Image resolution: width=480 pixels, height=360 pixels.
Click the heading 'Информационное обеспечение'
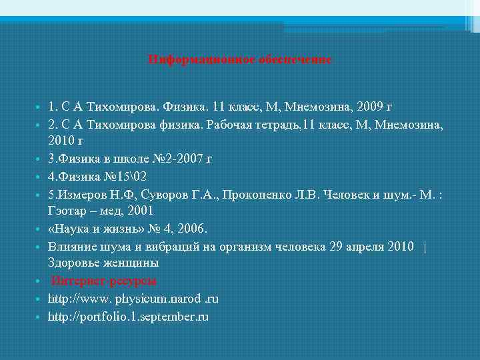coord(239,59)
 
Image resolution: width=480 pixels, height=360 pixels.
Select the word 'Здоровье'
coord(73,263)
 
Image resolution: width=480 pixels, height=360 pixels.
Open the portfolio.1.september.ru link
coord(128,316)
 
